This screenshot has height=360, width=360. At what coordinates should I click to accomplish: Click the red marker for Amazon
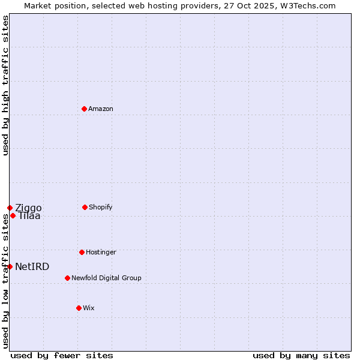[84, 109]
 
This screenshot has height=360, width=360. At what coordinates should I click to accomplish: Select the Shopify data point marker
[85, 207]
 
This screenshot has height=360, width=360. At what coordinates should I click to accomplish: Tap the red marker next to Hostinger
[82, 252]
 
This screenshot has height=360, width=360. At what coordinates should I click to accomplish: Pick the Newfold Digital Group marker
[67, 278]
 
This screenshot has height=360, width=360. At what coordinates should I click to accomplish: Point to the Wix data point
[79, 308]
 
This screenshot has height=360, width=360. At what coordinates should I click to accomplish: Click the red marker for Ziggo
[10, 208]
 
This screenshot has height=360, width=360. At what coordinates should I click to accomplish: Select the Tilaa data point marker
[13, 215]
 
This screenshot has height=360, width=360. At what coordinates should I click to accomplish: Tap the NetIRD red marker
[10, 266]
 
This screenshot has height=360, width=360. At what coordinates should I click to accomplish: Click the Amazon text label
[101, 109]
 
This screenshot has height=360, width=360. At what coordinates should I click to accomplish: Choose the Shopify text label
[101, 208]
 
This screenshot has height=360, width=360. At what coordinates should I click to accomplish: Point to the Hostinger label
[101, 253]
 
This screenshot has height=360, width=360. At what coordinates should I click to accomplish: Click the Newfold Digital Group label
[106, 278]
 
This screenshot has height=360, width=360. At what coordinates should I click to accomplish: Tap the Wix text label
[89, 308]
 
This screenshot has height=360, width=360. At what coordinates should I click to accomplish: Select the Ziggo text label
[28, 208]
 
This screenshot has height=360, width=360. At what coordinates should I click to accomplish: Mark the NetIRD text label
[32, 267]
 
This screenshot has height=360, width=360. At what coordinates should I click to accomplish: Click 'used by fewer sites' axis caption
[62, 355]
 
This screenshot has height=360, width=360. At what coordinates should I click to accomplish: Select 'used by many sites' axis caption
[301, 355]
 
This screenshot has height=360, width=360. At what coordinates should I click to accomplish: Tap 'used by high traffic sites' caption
[5, 85]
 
